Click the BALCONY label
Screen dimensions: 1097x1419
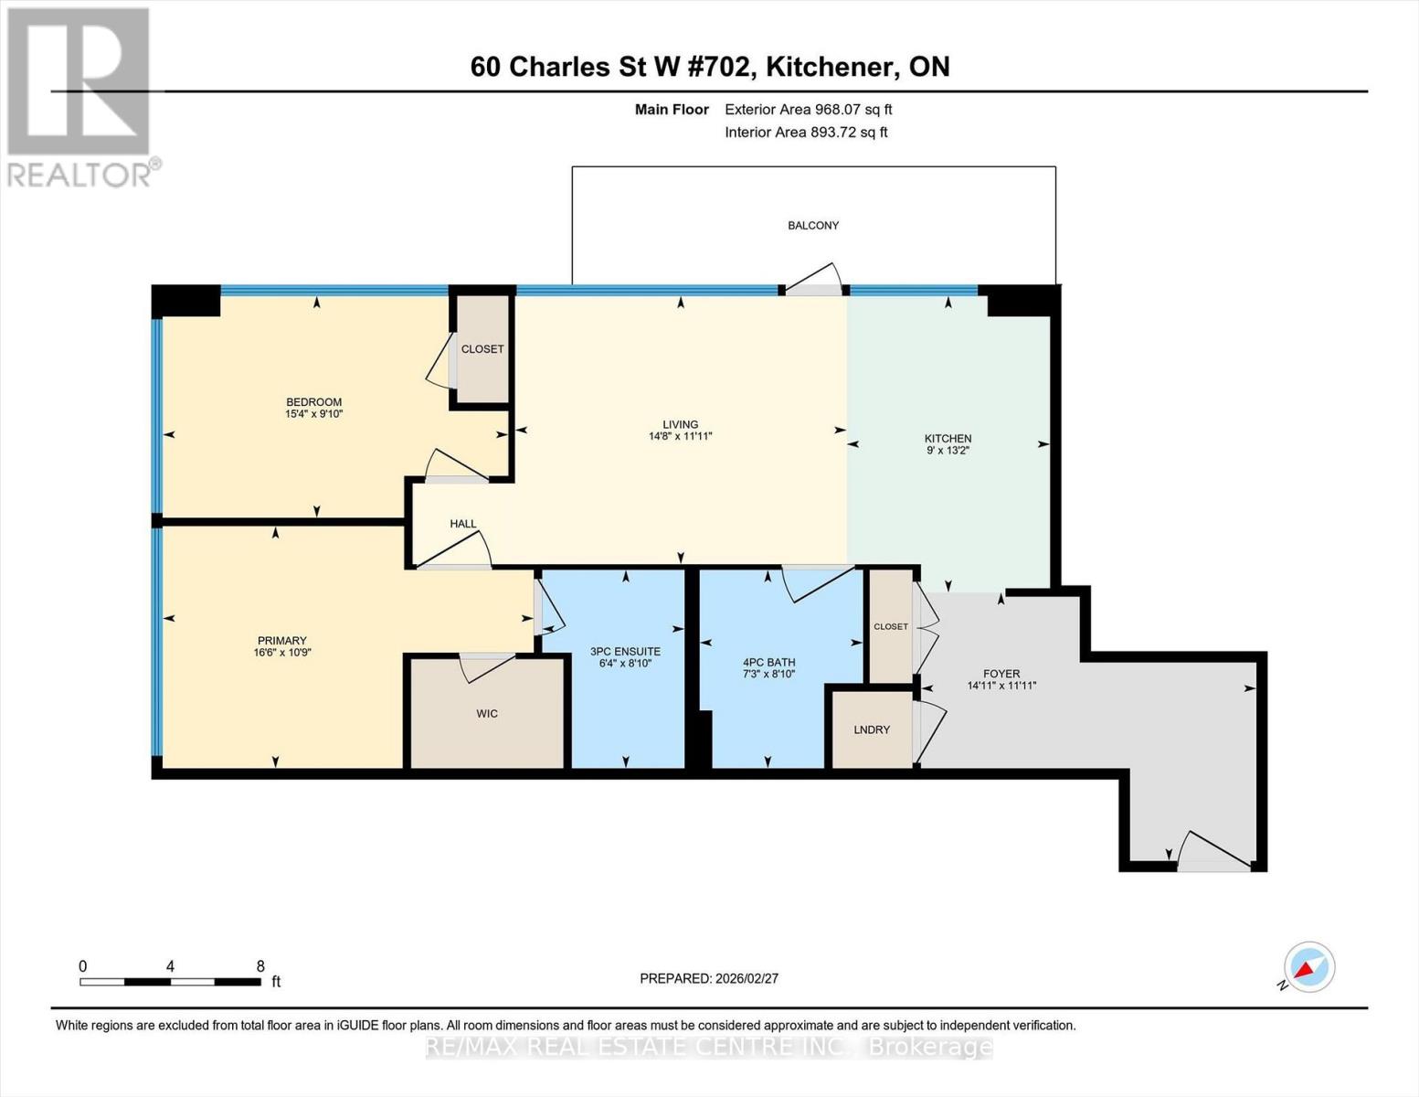tap(813, 225)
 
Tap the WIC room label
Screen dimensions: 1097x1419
tap(487, 713)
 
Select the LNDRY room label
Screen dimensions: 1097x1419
tap(872, 730)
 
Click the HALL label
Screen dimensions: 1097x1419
tap(463, 524)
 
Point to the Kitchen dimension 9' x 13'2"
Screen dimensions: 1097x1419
tap(948, 451)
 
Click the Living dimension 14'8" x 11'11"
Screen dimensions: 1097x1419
tap(680, 437)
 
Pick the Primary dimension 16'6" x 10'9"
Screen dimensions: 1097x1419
tap(282, 653)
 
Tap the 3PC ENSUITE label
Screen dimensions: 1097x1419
tap(625, 652)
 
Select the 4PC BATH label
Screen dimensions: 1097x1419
tap(769, 663)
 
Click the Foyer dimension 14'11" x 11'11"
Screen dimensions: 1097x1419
tap(1001, 686)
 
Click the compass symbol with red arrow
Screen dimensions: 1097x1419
tap(1308, 967)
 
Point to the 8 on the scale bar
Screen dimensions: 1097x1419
tap(260, 966)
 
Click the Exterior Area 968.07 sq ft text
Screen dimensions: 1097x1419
tap(808, 110)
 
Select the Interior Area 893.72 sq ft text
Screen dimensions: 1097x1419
tap(806, 133)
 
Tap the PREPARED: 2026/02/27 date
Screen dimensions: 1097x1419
tap(709, 978)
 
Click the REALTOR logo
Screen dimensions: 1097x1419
tap(79, 96)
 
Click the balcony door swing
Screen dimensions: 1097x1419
tap(814, 280)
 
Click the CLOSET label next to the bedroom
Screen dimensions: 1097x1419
tap(482, 349)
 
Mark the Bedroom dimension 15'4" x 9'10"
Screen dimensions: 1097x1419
tap(313, 414)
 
